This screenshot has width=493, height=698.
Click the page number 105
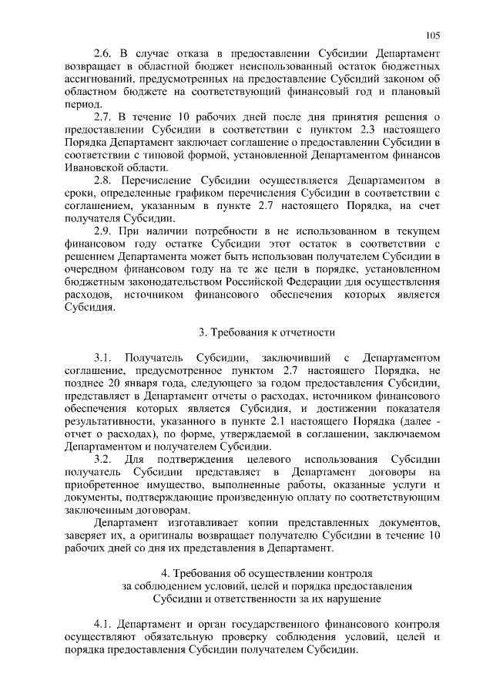433,35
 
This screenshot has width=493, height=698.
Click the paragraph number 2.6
103,54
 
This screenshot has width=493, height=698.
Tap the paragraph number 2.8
103,180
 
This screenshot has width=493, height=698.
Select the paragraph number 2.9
103,231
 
